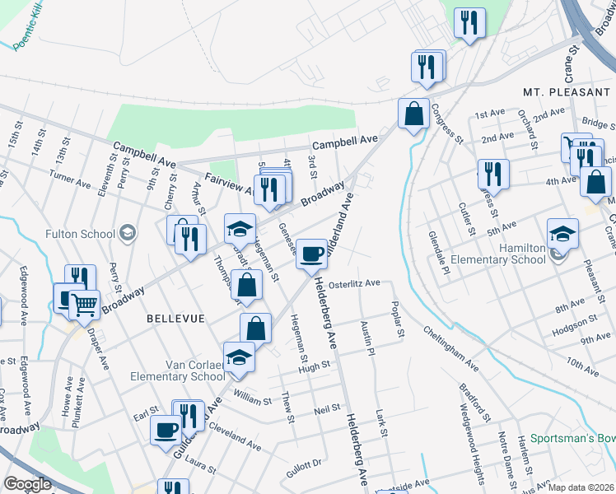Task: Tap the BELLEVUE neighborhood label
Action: [x=173, y=317]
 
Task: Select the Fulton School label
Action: [x=80, y=234]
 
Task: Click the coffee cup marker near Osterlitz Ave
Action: [x=311, y=254]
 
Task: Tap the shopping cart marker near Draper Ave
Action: [x=84, y=305]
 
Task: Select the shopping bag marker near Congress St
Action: [x=413, y=114]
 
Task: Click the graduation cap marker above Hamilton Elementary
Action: [x=563, y=234]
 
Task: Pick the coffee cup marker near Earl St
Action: [x=166, y=430]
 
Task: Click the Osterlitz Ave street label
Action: [x=354, y=283]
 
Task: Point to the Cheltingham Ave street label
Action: [x=450, y=346]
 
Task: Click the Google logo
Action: [x=27, y=484]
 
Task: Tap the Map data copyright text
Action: [x=580, y=487]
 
